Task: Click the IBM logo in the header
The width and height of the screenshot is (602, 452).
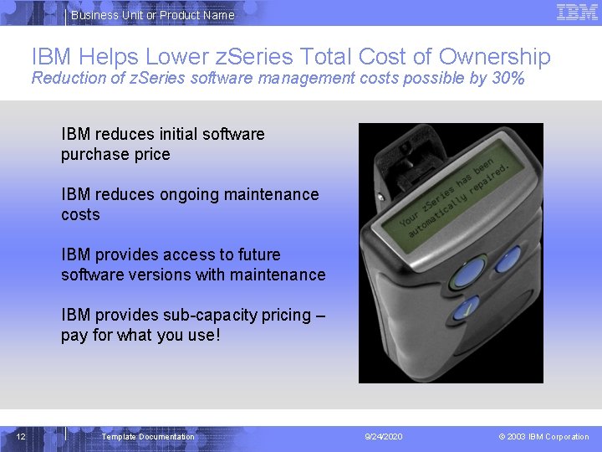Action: coord(577,12)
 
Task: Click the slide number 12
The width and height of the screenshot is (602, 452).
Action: coord(22,436)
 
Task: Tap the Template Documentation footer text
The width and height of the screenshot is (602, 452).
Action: coord(148,436)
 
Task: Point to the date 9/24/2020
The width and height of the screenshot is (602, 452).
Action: coord(384,436)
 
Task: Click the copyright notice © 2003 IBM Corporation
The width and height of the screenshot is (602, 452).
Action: coord(543,436)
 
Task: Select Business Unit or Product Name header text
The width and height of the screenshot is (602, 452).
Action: coord(152,15)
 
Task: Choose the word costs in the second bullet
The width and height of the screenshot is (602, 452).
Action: coord(80,215)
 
